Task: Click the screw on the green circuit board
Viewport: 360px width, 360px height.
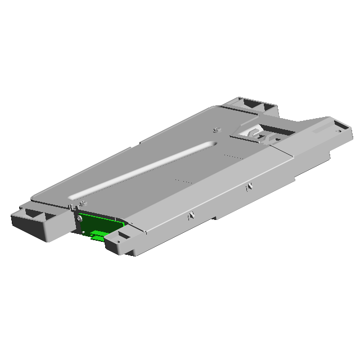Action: [x=80, y=218]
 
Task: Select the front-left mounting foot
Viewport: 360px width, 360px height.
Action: [x=37, y=222]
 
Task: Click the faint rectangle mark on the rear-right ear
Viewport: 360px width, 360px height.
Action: [x=318, y=129]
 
